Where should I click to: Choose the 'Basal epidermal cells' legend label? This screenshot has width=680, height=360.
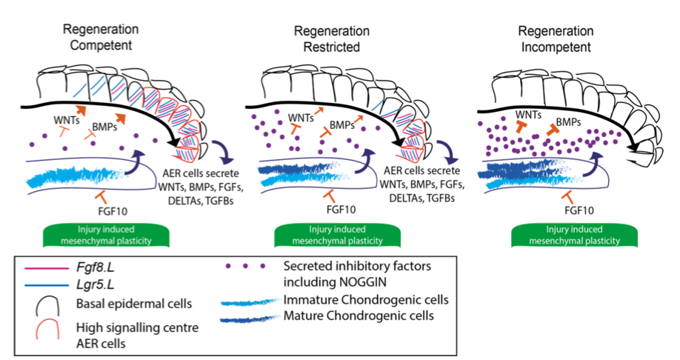tap(129, 303)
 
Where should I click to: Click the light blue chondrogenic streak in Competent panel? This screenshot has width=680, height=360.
tap(74, 177)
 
